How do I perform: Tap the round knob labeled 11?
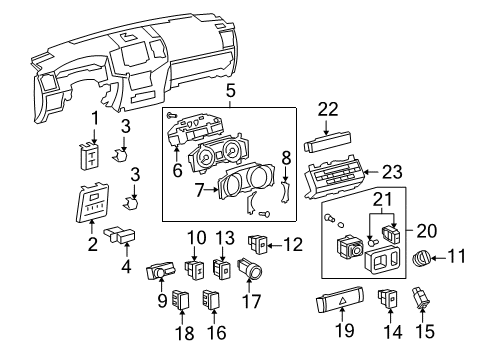421,259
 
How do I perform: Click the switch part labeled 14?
389,297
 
